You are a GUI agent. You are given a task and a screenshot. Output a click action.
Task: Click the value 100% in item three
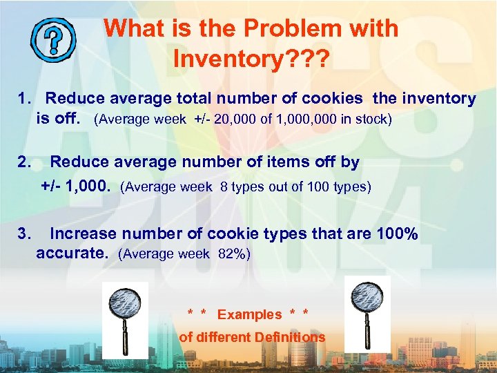[397, 234]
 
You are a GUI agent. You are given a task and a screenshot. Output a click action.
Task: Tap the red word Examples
[249, 315]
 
